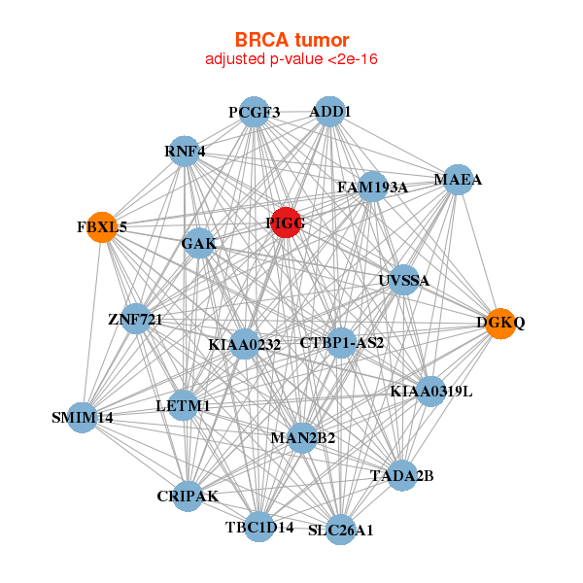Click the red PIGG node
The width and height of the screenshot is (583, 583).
pos(286,223)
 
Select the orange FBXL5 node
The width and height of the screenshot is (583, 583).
pos(102,227)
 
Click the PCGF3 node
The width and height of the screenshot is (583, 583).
pos(254,112)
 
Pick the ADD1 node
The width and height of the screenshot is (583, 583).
pos(330,112)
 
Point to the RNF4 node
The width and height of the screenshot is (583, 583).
pos(185,151)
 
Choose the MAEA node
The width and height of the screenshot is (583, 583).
pos(458,180)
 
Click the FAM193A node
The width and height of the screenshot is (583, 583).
pos(372,187)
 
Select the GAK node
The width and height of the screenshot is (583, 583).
pos(198,243)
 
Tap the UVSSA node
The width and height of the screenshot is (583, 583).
pos(403,281)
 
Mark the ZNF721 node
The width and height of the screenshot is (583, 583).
pos(135,319)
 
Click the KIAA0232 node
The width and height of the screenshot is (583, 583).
pos(245,344)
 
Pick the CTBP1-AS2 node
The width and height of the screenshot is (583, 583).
pos(341,342)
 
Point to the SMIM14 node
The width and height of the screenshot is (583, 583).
pos(83,417)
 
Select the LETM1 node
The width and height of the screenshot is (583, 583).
pos(184,405)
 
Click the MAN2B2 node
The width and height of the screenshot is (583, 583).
pos(302,438)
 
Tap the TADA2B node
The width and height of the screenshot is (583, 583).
pos(402,475)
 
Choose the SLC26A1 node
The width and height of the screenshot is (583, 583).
pos(340,530)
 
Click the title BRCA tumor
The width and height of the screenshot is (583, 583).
pos(291,40)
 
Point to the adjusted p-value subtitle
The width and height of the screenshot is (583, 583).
pos(291,59)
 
